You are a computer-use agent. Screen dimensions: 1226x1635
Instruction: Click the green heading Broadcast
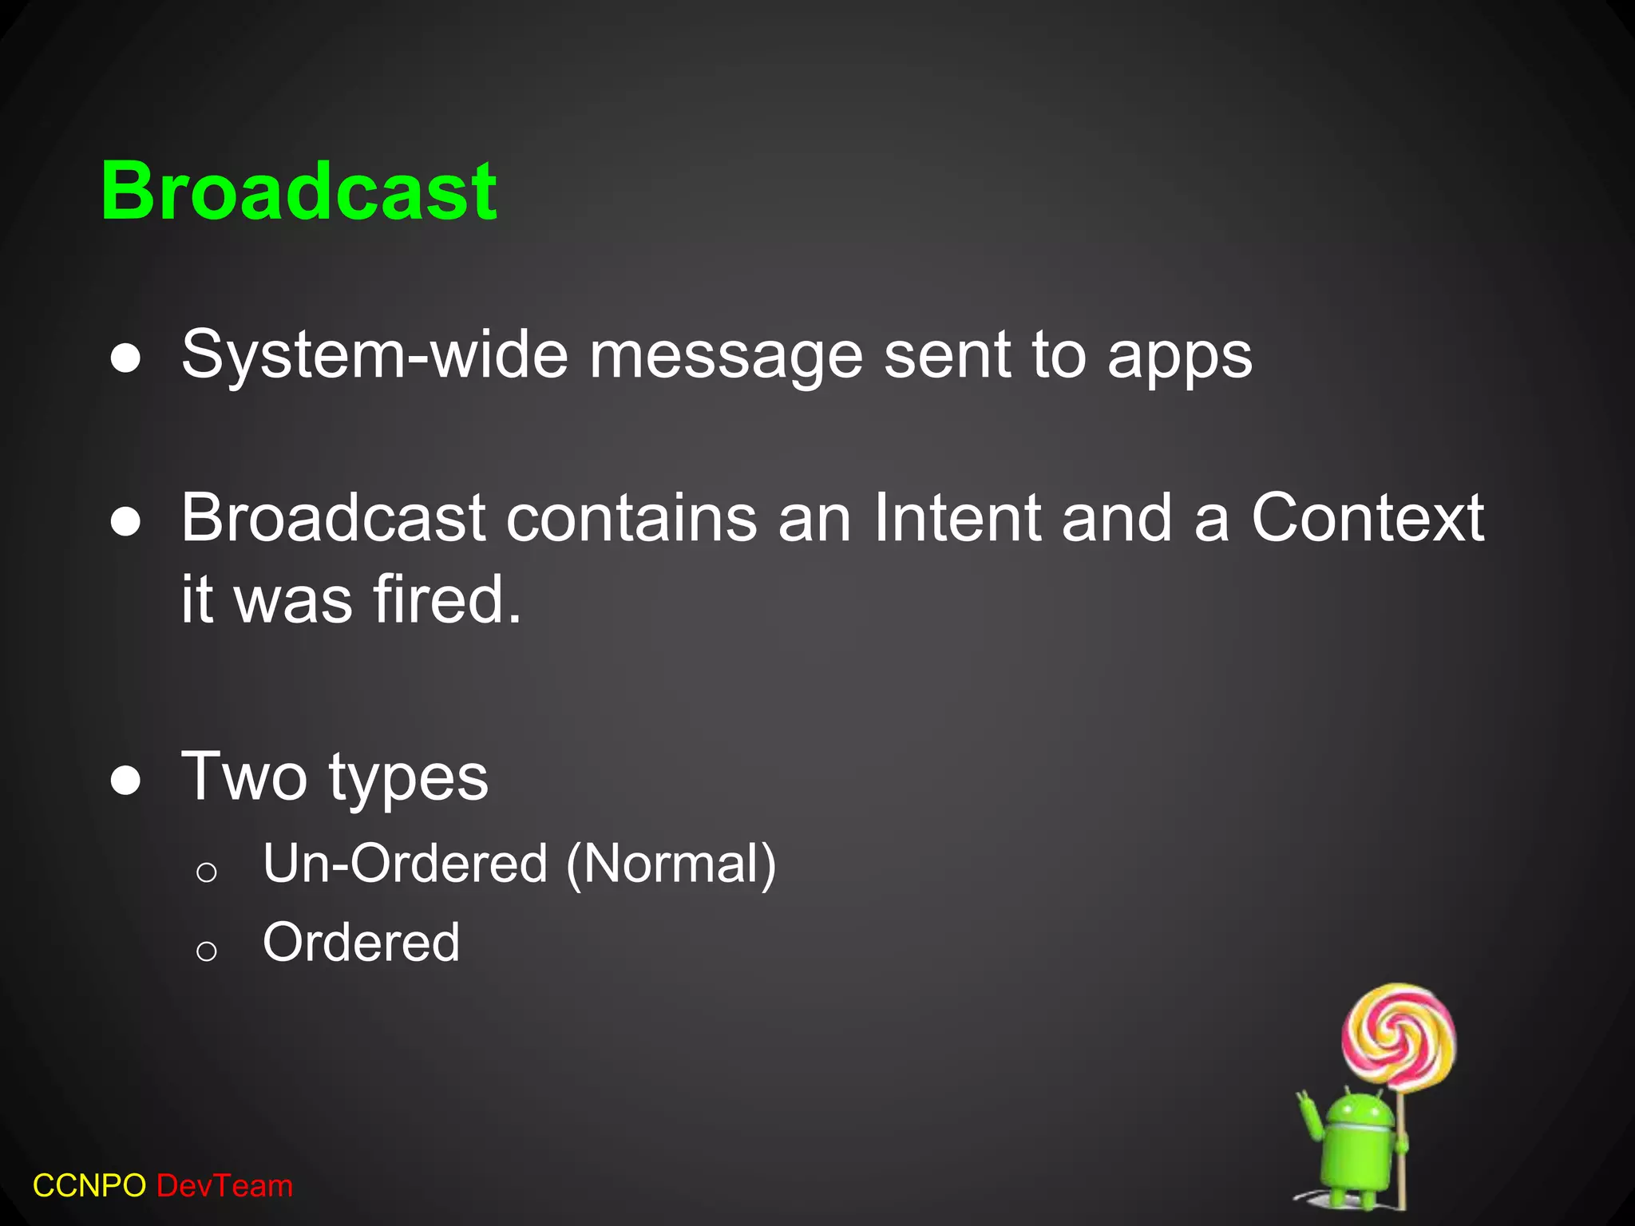pyautogui.click(x=299, y=192)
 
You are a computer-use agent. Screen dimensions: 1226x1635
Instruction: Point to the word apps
pyautogui.click(x=1179, y=358)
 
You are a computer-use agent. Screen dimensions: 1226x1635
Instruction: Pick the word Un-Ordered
pyautogui.click(x=406, y=864)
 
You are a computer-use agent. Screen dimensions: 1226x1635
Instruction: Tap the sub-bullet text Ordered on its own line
pyautogui.click(x=361, y=943)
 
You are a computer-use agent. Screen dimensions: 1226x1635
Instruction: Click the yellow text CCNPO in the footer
pyautogui.click(x=89, y=1186)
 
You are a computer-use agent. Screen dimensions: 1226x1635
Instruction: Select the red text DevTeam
pyautogui.click(x=225, y=1186)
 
